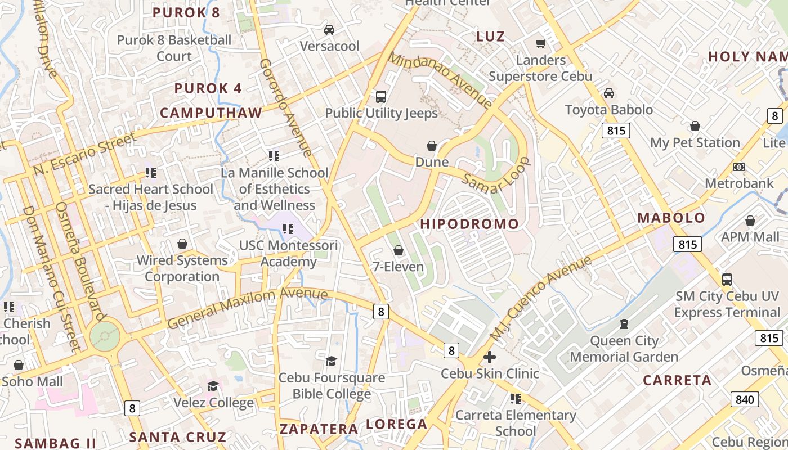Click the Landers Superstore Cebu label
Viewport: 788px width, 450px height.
click(x=540, y=68)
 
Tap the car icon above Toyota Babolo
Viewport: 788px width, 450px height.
click(x=608, y=93)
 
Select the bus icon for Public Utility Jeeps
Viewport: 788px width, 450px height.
click(x=381, y=97)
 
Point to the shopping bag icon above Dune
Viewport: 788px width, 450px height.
click(x=432, y=146)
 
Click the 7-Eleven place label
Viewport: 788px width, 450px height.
click(x=399, y=267)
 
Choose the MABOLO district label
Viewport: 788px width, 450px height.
click(x=671, y=218)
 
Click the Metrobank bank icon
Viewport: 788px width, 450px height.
click(x=739, y=167)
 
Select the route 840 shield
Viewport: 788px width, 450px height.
click(x=744, y=399)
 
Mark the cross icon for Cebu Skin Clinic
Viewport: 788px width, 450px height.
click(x=490, y=357)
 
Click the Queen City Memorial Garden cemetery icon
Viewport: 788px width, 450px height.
click(x=624, y=324)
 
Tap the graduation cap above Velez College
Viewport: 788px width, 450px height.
click(x=213, y=386)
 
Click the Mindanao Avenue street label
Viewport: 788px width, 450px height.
click(x=440, y=79)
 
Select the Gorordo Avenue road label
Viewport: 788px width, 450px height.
click(x=285, y=107)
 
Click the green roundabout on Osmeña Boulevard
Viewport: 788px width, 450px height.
click(x=105, y=336)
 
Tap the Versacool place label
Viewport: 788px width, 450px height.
click(x=329, y=46)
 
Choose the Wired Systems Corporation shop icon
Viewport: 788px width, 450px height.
click(x=182, y=244)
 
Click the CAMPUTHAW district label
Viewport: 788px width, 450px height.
click(x=211, y=113)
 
